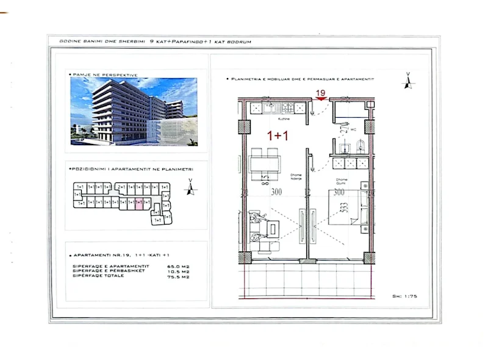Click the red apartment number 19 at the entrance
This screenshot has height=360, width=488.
320,93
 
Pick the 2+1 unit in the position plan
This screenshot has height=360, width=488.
121,187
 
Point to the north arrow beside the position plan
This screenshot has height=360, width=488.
191,187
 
